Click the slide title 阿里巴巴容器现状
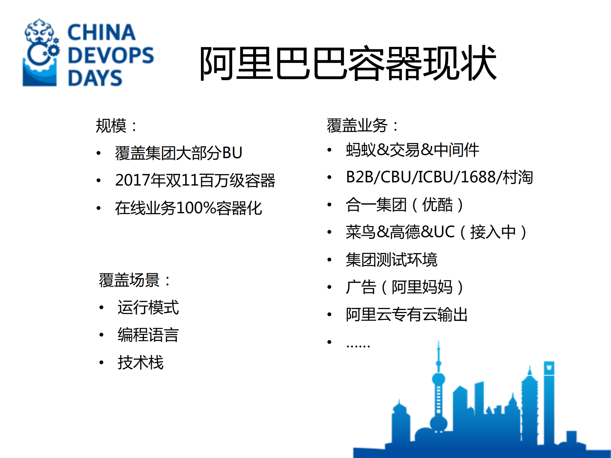(348, 63)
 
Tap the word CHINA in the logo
(102, 32)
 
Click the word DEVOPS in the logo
(110, 55)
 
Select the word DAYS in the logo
(95, 78)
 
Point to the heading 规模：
(116, 126)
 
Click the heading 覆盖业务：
(363, 125)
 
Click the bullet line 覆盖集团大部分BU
(179, 153)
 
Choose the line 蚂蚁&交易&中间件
(412, 150)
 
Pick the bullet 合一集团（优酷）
(404, 205)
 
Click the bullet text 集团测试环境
(391, 259)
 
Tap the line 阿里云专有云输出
(407, 314)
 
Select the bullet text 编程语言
(148, 335)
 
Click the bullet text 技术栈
(140, 362)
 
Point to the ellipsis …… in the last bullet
(358, 345)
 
